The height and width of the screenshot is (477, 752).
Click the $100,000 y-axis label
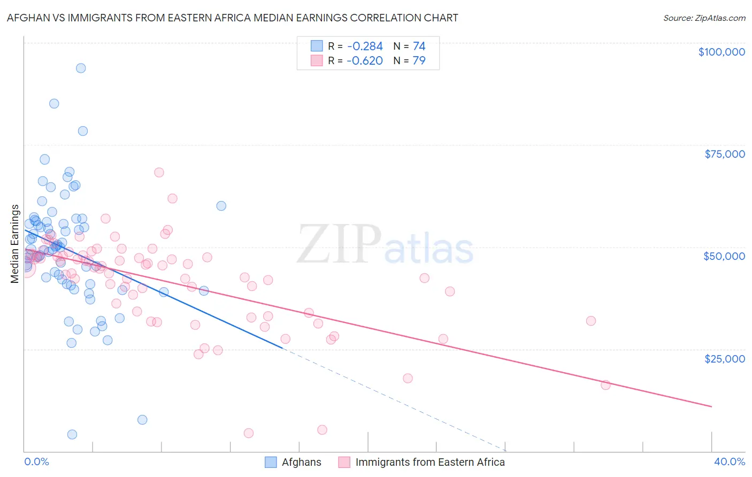(x=721, y=52)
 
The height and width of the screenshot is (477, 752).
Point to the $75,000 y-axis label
(x=724, y=154)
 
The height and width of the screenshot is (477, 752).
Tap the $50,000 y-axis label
(x=724, y=256)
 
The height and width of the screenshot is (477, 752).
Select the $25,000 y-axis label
(x=724, y=358)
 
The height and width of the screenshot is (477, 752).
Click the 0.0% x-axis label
(x=36, y=461)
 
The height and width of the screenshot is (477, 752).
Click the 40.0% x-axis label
(x=729, y=461)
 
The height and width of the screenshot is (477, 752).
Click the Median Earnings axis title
(x=15, y=243)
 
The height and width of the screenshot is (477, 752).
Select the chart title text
(x=232, y=18)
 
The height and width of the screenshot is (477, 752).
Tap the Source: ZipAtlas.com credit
(x=704, y=18)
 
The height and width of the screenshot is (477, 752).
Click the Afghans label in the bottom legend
(x=301, y=462)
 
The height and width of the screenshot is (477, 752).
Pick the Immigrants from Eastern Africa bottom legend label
(x=429, y=462)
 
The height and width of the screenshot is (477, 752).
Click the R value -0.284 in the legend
(x=365, y=47)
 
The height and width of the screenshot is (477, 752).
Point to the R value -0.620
(x=365, y=60)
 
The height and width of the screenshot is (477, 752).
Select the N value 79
(x=419, y=60)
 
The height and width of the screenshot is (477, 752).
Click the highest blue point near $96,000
(x=81, y=68)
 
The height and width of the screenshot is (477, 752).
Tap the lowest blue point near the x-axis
(x=72, y=434)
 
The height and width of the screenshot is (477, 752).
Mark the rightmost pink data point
(x=605, y=385)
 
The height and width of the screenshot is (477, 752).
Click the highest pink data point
(x=159, y=172)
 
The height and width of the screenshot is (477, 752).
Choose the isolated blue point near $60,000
(x=221, y=206)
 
